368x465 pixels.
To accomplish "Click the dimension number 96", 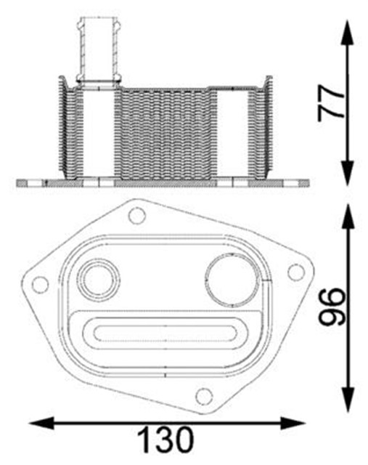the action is [x=332, y=307].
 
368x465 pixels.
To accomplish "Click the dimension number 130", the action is [x=166, y=440].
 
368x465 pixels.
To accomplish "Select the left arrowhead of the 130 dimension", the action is [x=41, y=423].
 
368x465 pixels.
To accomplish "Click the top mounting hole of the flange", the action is [x=137, y=216].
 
